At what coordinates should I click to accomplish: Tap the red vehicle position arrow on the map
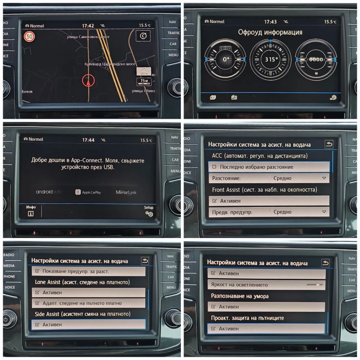tap(89, 81)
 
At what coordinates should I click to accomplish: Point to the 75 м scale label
tap(144, 81)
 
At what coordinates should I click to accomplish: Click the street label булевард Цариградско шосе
tap(110, 64)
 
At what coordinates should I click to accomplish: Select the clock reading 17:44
tap(88, 140)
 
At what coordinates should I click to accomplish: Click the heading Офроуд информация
tap(270, 32)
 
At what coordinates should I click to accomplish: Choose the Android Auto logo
tap(49, 192)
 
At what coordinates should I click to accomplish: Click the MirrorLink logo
tap(126, 192)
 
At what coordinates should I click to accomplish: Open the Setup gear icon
tap(149, 212)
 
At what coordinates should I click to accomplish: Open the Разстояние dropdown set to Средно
tap(299, 178)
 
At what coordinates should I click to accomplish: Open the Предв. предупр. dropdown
tap(299, 211)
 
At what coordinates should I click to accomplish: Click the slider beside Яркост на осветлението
tap(315, 285)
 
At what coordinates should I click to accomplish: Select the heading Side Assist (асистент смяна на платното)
tap(82, 314)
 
